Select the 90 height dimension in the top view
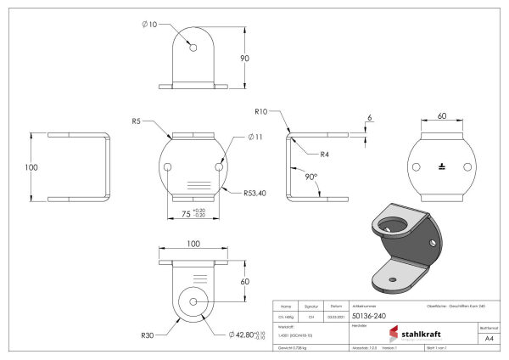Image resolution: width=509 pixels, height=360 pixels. click(x=244, y=58)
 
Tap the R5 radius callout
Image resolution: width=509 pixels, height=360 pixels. click(x=137, y=121)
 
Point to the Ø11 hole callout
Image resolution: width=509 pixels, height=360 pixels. click(x=256, y=138)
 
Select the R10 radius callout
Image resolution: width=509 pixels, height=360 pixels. click(x=262, y=111)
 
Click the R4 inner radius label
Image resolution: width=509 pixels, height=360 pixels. click(x=326, y=155)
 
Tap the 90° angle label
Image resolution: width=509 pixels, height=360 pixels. click(x=312, y=180)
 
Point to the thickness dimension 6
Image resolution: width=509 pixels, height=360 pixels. click(x=370, y=117)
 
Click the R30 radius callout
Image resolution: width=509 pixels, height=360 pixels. click(x=148, y=335)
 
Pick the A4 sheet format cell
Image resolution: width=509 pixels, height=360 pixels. click(x=488, y=338)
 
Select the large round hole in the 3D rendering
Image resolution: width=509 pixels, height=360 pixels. click(x=395, y=225)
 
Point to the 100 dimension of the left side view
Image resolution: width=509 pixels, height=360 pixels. click(x=31, y=167)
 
